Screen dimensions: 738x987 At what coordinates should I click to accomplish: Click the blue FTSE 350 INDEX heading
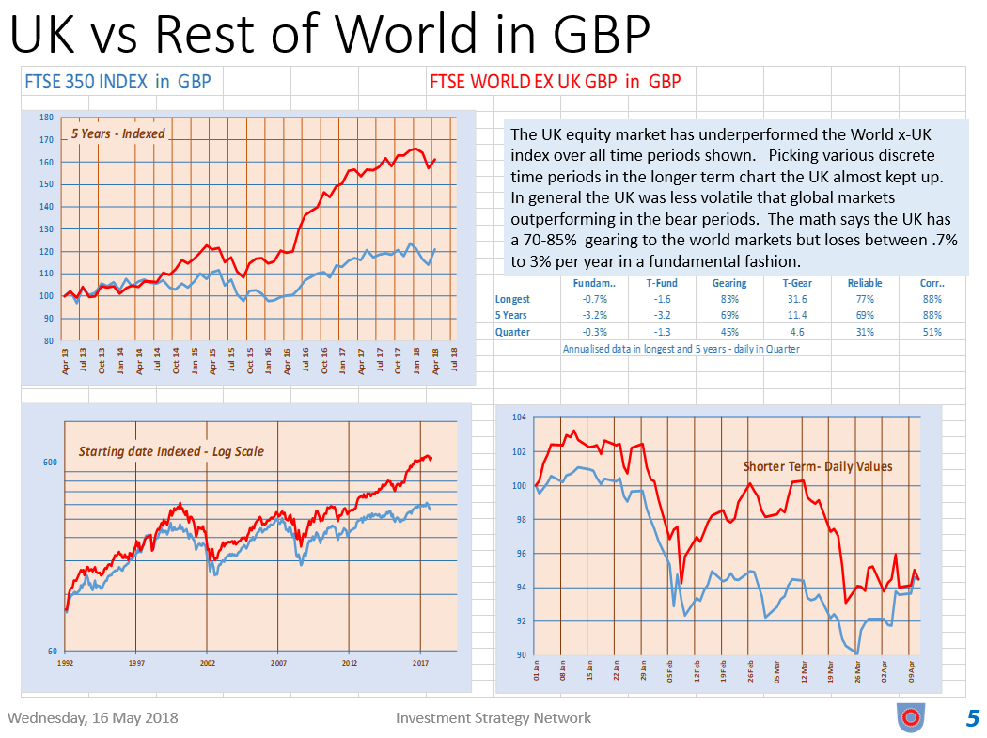click(x=117, y=82)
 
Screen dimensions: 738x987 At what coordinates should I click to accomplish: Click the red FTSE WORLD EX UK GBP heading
click(x=555, y=82)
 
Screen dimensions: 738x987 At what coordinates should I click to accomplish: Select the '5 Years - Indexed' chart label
click(x=117, y=133)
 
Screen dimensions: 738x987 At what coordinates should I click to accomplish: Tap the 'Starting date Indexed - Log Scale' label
click(x=171, y=451)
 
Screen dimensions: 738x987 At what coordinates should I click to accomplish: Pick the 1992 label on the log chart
click(x=66, y=662)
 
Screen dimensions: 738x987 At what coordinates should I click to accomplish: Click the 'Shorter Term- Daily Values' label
click(x=818, y=466)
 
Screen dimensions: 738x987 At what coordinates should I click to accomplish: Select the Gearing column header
click(x=729, y=283)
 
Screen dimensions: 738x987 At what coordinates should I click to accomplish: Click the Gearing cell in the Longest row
click(x=729, y=299)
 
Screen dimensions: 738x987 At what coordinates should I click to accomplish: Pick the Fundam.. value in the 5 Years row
click(x=594, y=315)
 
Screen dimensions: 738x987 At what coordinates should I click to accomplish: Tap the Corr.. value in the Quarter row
click(x=932, y=331)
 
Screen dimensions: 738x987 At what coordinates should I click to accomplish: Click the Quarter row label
click(x=512, y=331)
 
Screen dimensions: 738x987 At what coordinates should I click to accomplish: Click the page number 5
click(x=972, y=719)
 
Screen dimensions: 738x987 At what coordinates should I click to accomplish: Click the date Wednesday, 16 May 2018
click(x=92, y=718)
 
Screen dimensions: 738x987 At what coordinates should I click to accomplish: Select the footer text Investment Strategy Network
click(x=493, y=718)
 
